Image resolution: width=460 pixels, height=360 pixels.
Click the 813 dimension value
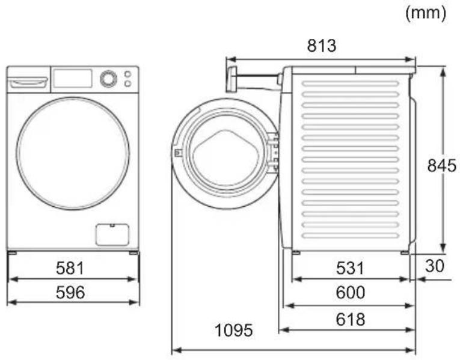[x=322, y=46]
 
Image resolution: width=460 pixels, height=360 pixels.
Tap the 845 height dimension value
[x=442, y=166]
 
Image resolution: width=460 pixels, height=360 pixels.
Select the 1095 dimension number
[x=233, y=331]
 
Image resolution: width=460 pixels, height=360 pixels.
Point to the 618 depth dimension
[x=351, y=319]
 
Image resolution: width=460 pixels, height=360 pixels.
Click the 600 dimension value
[x=351, y=292]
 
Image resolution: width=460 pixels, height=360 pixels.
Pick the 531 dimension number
[x=350, y=268]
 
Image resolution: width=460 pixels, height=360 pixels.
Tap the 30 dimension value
[x=435, y=266]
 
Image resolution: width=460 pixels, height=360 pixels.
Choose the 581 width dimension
[x=70, y=268]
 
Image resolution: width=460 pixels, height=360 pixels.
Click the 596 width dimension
[x=70, y=292]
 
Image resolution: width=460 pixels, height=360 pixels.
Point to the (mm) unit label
[x=426, y=13]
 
